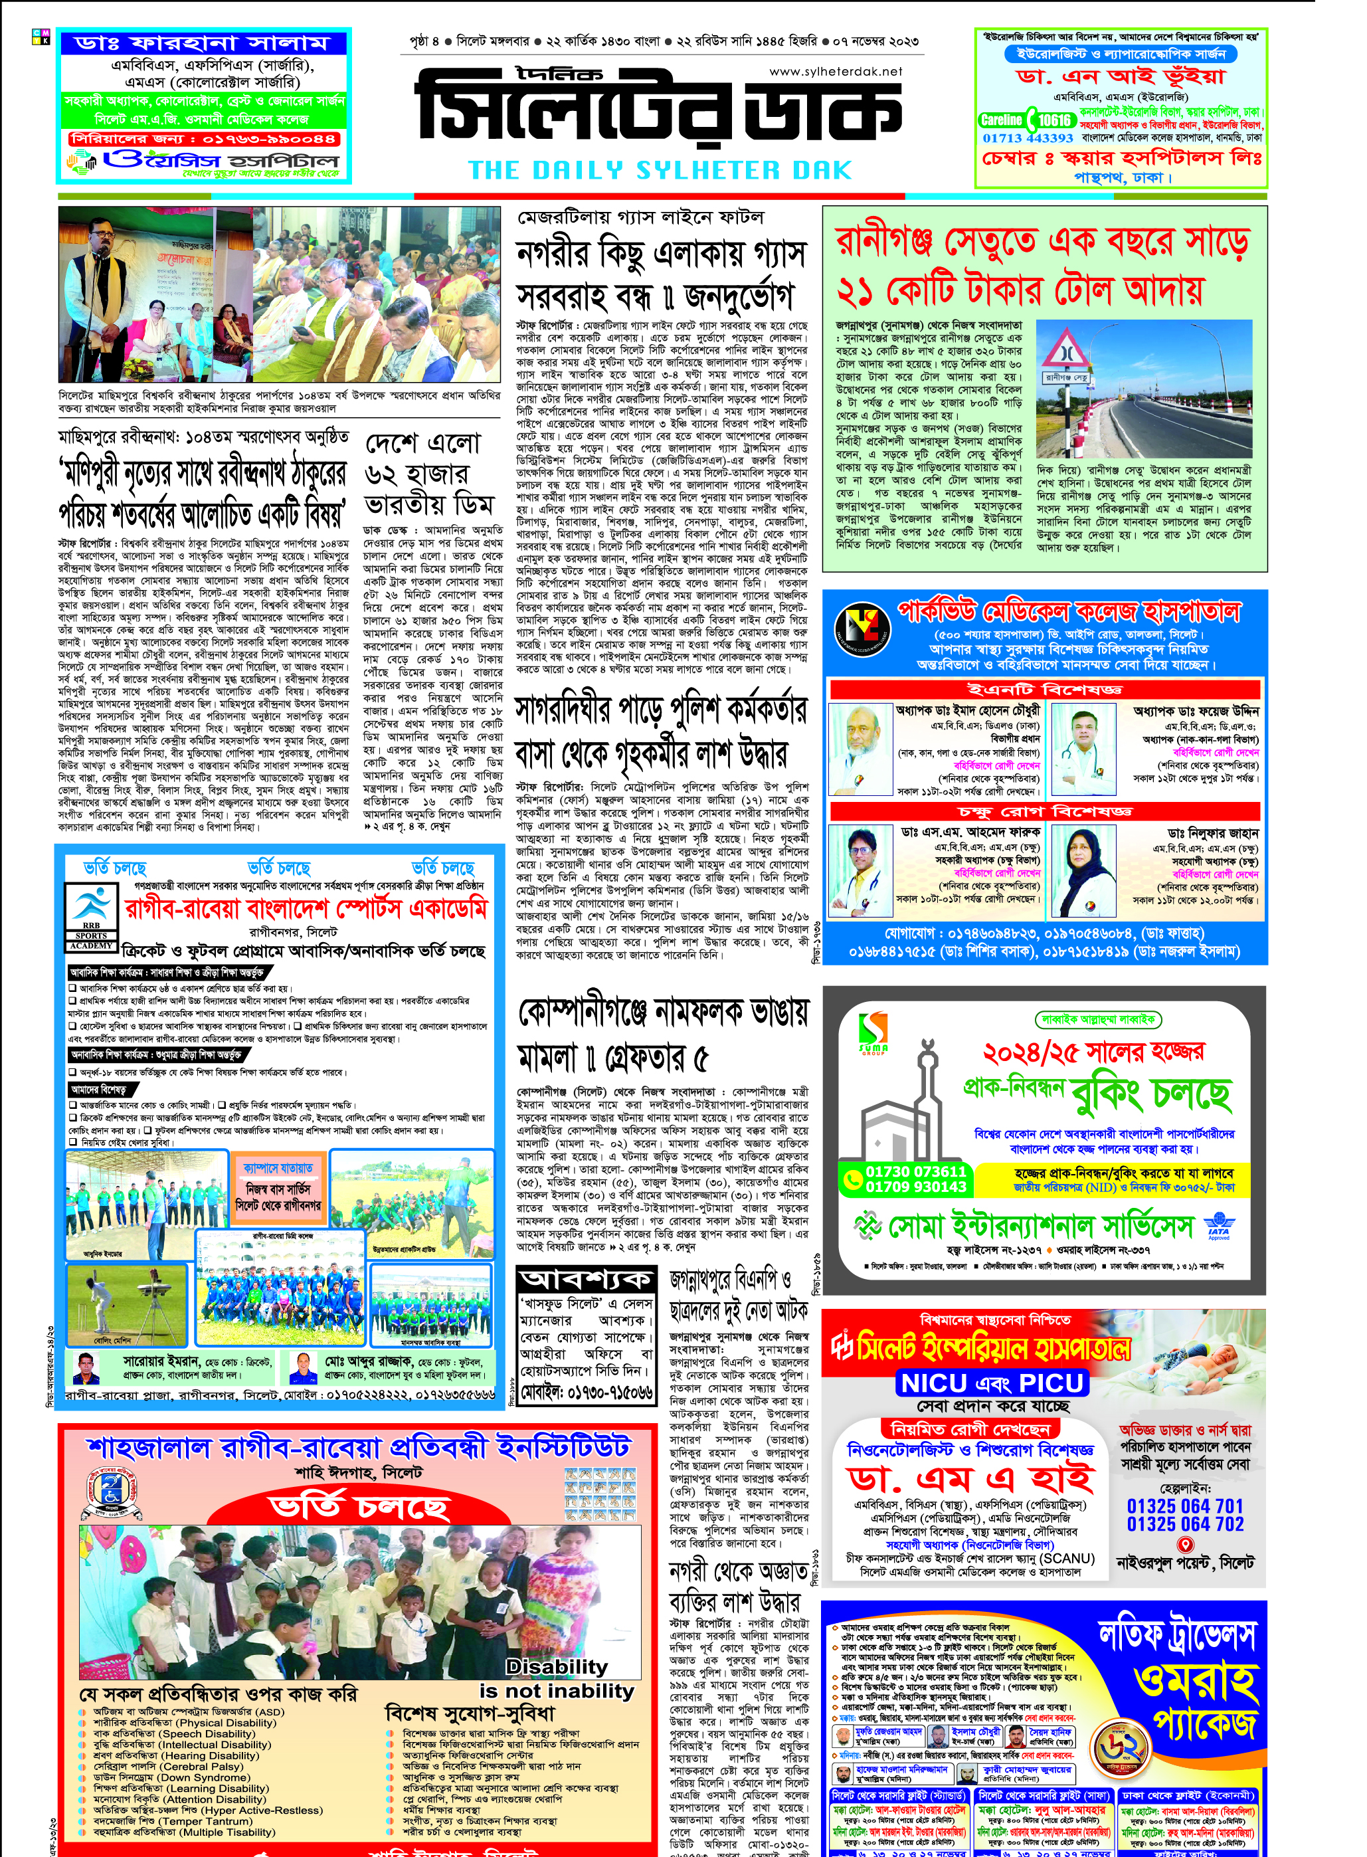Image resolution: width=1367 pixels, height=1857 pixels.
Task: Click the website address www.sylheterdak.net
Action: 835,72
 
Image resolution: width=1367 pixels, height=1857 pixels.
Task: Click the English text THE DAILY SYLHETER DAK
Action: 660,171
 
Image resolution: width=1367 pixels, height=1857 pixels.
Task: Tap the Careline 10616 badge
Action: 1027,120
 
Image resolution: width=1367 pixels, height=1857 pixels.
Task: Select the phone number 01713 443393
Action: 1027,138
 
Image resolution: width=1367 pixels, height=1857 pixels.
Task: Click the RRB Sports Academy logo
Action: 92,918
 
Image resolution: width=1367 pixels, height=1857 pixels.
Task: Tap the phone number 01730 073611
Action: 915,1171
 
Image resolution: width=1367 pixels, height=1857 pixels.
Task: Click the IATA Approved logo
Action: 1218,1224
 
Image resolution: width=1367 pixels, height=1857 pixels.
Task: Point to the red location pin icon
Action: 1184,1544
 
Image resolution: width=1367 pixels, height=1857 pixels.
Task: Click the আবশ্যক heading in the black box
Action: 585,1280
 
